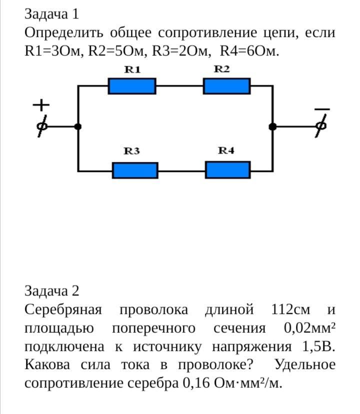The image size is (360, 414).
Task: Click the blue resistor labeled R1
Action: (132, 86)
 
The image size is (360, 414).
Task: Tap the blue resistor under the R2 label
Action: (226, 86)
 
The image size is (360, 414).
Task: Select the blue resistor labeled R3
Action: (135, 170)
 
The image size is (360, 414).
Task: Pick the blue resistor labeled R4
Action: (228, 170)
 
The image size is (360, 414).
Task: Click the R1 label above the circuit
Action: (132, 70)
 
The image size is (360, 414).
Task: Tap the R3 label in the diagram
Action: (131, 151)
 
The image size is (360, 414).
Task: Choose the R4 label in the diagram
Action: (226, 150)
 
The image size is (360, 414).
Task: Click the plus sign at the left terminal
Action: (41, 105)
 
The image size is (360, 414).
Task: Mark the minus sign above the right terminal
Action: (322, 108)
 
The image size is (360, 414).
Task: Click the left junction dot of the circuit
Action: (77, 126)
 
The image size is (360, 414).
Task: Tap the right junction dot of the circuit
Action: (272, 127)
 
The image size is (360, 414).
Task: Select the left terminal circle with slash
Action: (42, 126)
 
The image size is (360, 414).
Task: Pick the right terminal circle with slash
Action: (321, 126)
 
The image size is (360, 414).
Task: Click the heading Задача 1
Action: (52, 14)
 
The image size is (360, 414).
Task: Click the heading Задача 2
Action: (52, 291)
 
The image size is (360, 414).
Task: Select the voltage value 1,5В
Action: (318, 346)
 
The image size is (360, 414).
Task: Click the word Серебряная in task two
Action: (63, 309)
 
